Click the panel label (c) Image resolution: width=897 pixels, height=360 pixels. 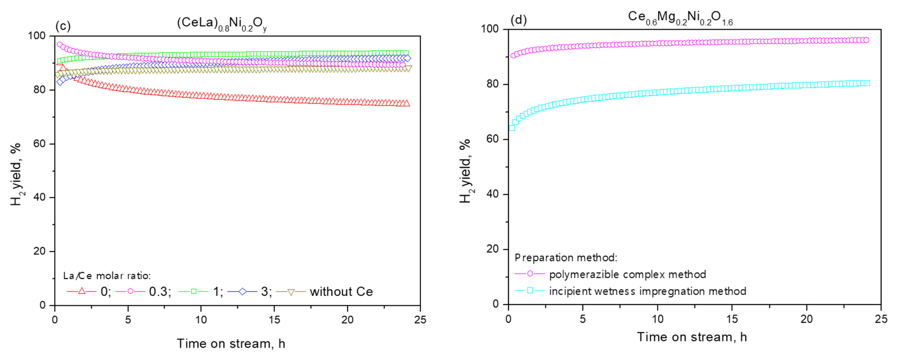coord(63,26)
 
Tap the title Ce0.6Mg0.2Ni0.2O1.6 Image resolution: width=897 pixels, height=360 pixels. coord(680,18)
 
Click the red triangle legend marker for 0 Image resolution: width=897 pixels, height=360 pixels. coord(82,291)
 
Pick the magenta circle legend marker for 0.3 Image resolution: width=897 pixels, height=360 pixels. coord(130,291)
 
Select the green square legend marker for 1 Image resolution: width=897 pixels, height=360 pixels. coord(194,291)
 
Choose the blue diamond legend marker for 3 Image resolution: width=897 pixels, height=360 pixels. coord(242,291)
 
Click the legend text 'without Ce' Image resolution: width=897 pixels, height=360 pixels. coord(341,292)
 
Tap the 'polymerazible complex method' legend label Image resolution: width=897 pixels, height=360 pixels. coord(627,274)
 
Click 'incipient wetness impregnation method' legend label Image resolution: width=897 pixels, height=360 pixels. coord(648,291)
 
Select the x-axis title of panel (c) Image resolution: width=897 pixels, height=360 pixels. coord(231,344)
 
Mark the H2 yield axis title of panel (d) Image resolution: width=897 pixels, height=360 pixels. coord(465,171)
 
